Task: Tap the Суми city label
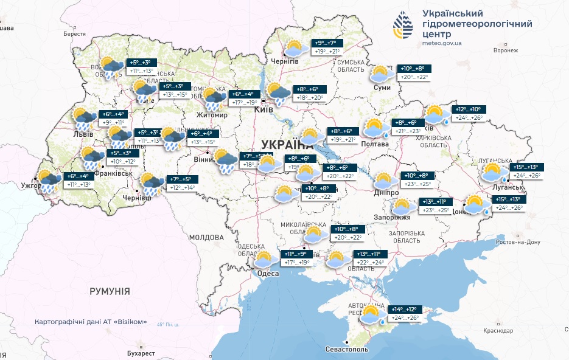coord(382,88)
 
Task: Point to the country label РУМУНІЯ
coord(110,291)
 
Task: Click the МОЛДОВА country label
coord(206,237)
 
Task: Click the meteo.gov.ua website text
coord(442,43)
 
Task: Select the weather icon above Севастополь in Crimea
coord(371,314)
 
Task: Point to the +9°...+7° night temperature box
coord(329,43)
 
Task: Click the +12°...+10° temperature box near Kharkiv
coord(469,109)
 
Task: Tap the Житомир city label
coord(212,115)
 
